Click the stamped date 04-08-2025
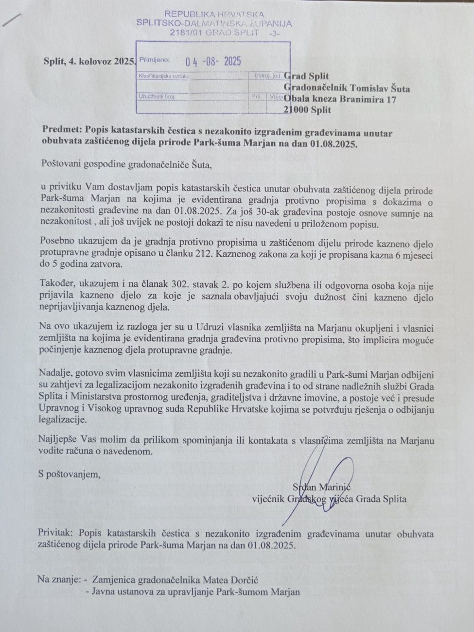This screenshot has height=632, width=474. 213,61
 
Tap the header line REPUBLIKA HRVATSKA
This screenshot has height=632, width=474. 214,14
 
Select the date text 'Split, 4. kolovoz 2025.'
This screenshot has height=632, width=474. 89,61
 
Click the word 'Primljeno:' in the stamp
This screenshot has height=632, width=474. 155,60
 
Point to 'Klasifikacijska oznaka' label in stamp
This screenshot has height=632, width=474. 164,76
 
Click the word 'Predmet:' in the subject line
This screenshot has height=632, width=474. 62,130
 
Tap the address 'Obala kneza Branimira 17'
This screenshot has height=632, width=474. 340,100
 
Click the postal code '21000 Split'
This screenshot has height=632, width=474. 307,110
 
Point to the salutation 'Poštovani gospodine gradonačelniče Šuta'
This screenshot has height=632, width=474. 127,164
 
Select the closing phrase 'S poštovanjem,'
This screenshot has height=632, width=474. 69,474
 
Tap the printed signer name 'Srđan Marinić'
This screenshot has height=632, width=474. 321,487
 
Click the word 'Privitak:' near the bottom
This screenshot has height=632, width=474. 56,533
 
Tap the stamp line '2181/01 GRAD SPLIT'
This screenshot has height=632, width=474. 214,33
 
